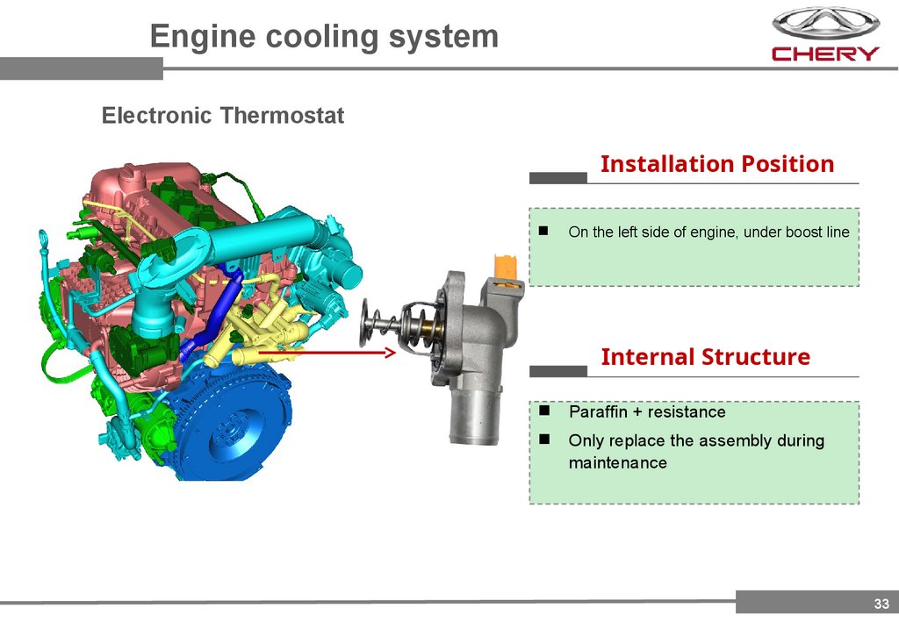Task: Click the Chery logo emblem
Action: click(825, 22)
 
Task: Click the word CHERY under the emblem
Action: click(825, 54)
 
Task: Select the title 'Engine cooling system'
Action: click(324, 37)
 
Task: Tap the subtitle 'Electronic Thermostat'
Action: click(223, 115)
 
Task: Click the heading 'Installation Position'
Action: click(716, 164)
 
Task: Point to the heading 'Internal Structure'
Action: click(705, 357)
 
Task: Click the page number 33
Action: click(881, 603)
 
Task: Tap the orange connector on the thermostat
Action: click(508, 268)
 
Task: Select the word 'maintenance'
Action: click(617, 462)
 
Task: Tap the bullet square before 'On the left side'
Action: click(543, 232)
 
